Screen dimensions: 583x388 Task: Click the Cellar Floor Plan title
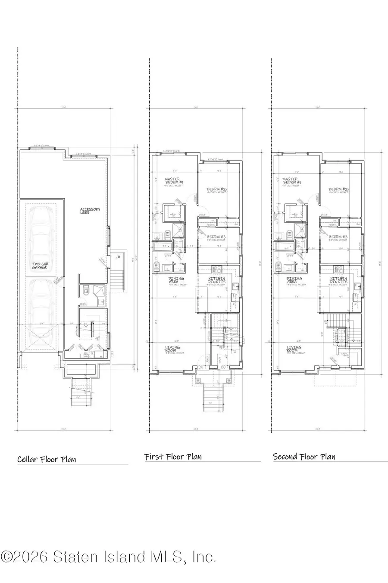[x=47, y=459]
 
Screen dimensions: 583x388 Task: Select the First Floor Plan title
[x=173, y=456]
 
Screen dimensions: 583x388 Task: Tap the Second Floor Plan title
[x=304, y=456]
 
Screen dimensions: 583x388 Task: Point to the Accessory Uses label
[x=90, y=211]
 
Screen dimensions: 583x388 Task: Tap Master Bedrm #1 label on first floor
[x=173, y=181]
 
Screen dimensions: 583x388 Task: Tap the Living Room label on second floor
[x=294, y=348]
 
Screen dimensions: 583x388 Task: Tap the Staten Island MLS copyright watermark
[x=108, y=557]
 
